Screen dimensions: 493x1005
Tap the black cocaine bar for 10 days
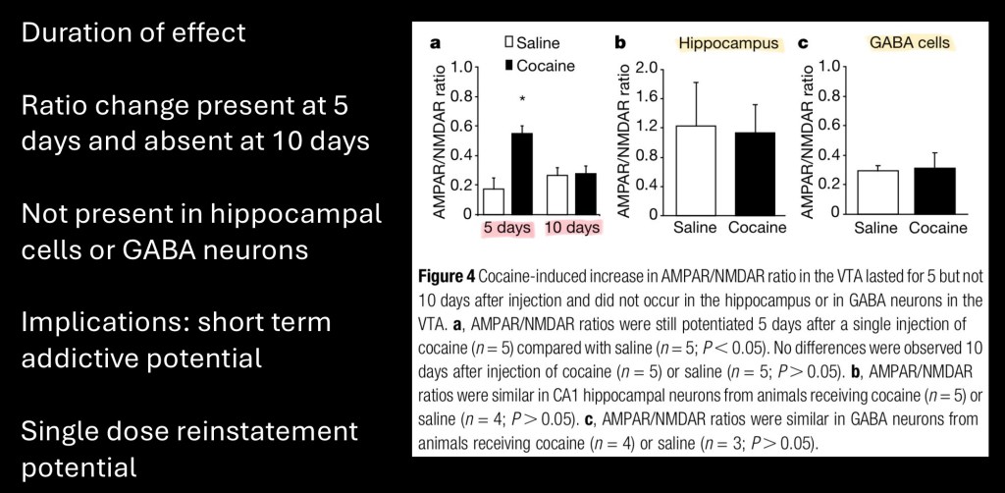coord(586,192)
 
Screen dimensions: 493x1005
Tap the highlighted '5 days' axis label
coord(506,228)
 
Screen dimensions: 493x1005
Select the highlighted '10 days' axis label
coord(572,228)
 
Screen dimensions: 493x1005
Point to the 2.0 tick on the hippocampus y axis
coord(647,67)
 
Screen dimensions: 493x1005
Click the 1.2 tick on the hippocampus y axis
coord(647,126)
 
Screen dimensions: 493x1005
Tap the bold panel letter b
coord(620,43)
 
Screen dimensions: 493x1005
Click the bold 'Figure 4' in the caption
coord(450,279)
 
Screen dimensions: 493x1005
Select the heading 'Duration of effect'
coord(133,32)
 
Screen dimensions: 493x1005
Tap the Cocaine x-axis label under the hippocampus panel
coord(757,228)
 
